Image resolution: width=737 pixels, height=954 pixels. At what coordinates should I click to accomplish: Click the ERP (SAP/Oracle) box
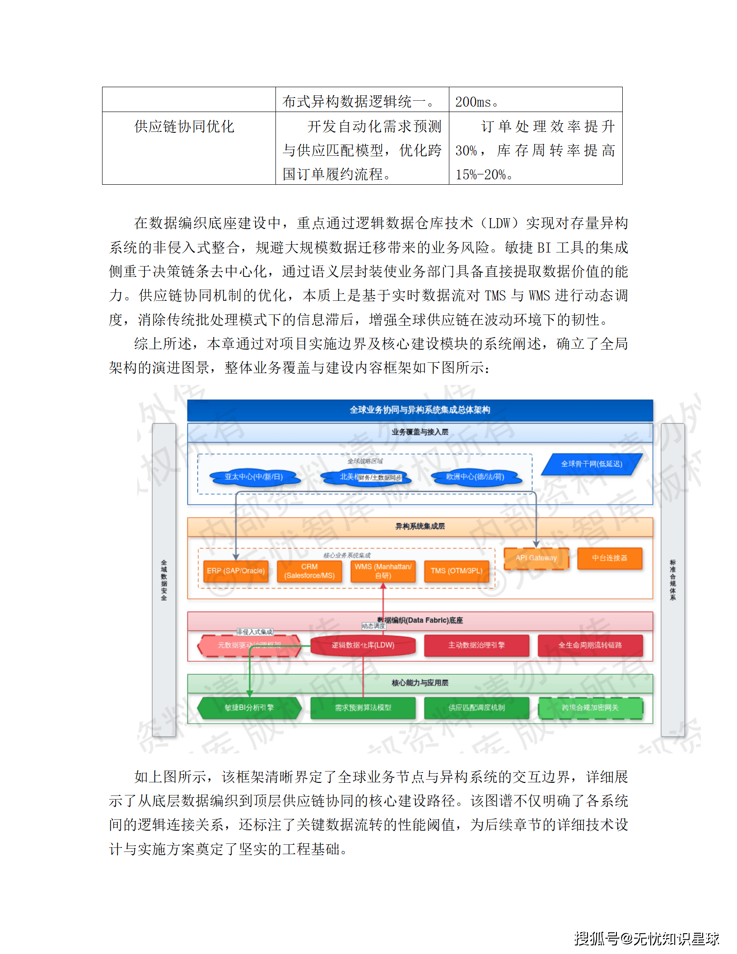click(236, 571)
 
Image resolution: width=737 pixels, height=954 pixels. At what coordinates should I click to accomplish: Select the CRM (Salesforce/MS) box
click(309, 571)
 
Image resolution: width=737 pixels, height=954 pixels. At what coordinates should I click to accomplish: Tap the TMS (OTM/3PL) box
click(456, 571)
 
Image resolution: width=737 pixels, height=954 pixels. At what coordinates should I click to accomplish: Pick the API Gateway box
click(536, 558)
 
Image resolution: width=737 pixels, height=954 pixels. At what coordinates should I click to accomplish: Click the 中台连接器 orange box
click(609, 558)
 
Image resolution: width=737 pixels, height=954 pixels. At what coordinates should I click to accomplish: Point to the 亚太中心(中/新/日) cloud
click(254, 477)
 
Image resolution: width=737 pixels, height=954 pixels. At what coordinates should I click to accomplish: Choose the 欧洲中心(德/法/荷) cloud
click(475, 477)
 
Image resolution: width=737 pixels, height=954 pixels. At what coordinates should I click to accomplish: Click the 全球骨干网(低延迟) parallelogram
click(591, 464)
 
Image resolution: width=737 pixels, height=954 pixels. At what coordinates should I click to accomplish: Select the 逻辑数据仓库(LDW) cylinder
click(363, 645)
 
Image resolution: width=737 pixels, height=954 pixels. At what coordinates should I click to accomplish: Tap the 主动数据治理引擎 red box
click(476, 645)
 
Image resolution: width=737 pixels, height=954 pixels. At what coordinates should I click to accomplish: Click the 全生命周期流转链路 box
click(590, 645)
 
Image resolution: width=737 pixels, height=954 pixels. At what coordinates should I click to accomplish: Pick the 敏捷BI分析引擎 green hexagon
click(249, 708)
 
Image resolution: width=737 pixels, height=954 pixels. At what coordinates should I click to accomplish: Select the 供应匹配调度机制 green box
click(476, 708)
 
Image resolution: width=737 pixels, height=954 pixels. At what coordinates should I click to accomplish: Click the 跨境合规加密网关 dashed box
click(590, 708)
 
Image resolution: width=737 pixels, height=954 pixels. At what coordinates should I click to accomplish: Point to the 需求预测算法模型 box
click(363, 708)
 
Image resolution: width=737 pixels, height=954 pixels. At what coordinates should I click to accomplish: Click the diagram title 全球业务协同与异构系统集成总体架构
click(420, 410)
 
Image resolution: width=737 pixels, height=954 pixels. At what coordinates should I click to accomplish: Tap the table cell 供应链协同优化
click(184, 126)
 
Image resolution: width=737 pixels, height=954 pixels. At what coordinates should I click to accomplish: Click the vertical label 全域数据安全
click(164, 580)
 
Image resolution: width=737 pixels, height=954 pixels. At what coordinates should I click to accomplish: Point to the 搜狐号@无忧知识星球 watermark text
click(647, 939)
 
